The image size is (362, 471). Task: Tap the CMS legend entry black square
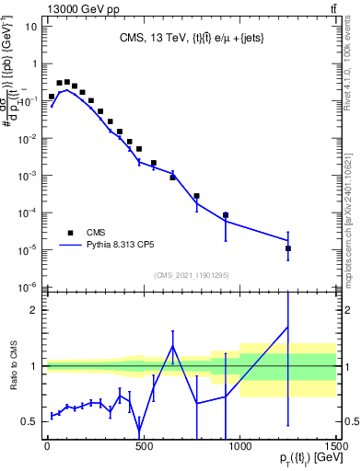[x=70, y=233]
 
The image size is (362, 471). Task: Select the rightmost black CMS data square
[x=288, y=248]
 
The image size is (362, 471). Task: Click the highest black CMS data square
[x=66, y=82]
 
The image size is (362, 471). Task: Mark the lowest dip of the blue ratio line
[x=139, y=433]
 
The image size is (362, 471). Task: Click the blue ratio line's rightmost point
[x=288, y=327]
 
